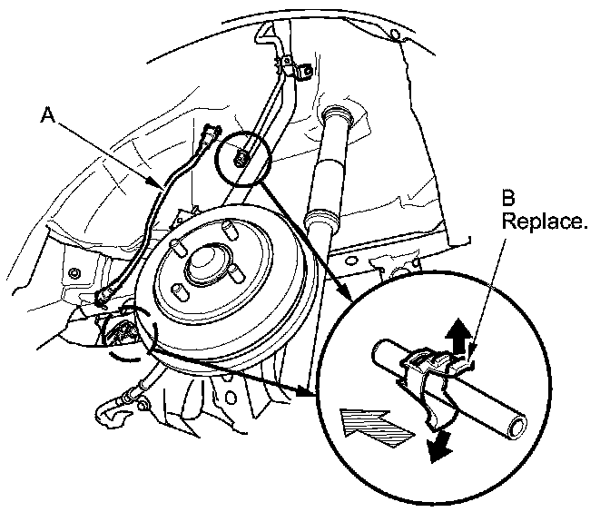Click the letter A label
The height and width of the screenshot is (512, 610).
[x=51, y=116]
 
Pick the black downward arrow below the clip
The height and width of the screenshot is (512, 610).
[x=440, y=446]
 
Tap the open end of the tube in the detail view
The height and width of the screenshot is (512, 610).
[x=517, y=424]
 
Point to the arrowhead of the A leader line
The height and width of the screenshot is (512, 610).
[x=164, y=187]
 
